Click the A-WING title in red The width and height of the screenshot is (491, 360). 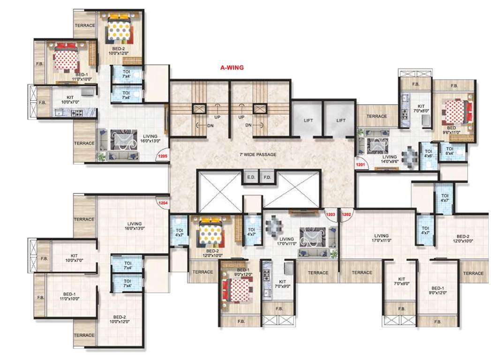click(232, 67)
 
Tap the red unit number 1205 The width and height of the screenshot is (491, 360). click(163, 157)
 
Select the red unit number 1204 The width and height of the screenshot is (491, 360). click(163, 203)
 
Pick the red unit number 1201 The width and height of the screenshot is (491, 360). click(360, 165)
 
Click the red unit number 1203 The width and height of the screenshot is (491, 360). click(331, 214)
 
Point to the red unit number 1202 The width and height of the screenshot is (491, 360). click(347, 214)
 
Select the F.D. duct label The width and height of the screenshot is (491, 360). click(267, 178)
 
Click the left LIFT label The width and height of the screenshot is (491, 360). click(308, 120)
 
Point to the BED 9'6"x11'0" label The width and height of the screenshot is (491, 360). click(452, 129)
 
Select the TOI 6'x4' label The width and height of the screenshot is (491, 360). click(449, 151)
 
